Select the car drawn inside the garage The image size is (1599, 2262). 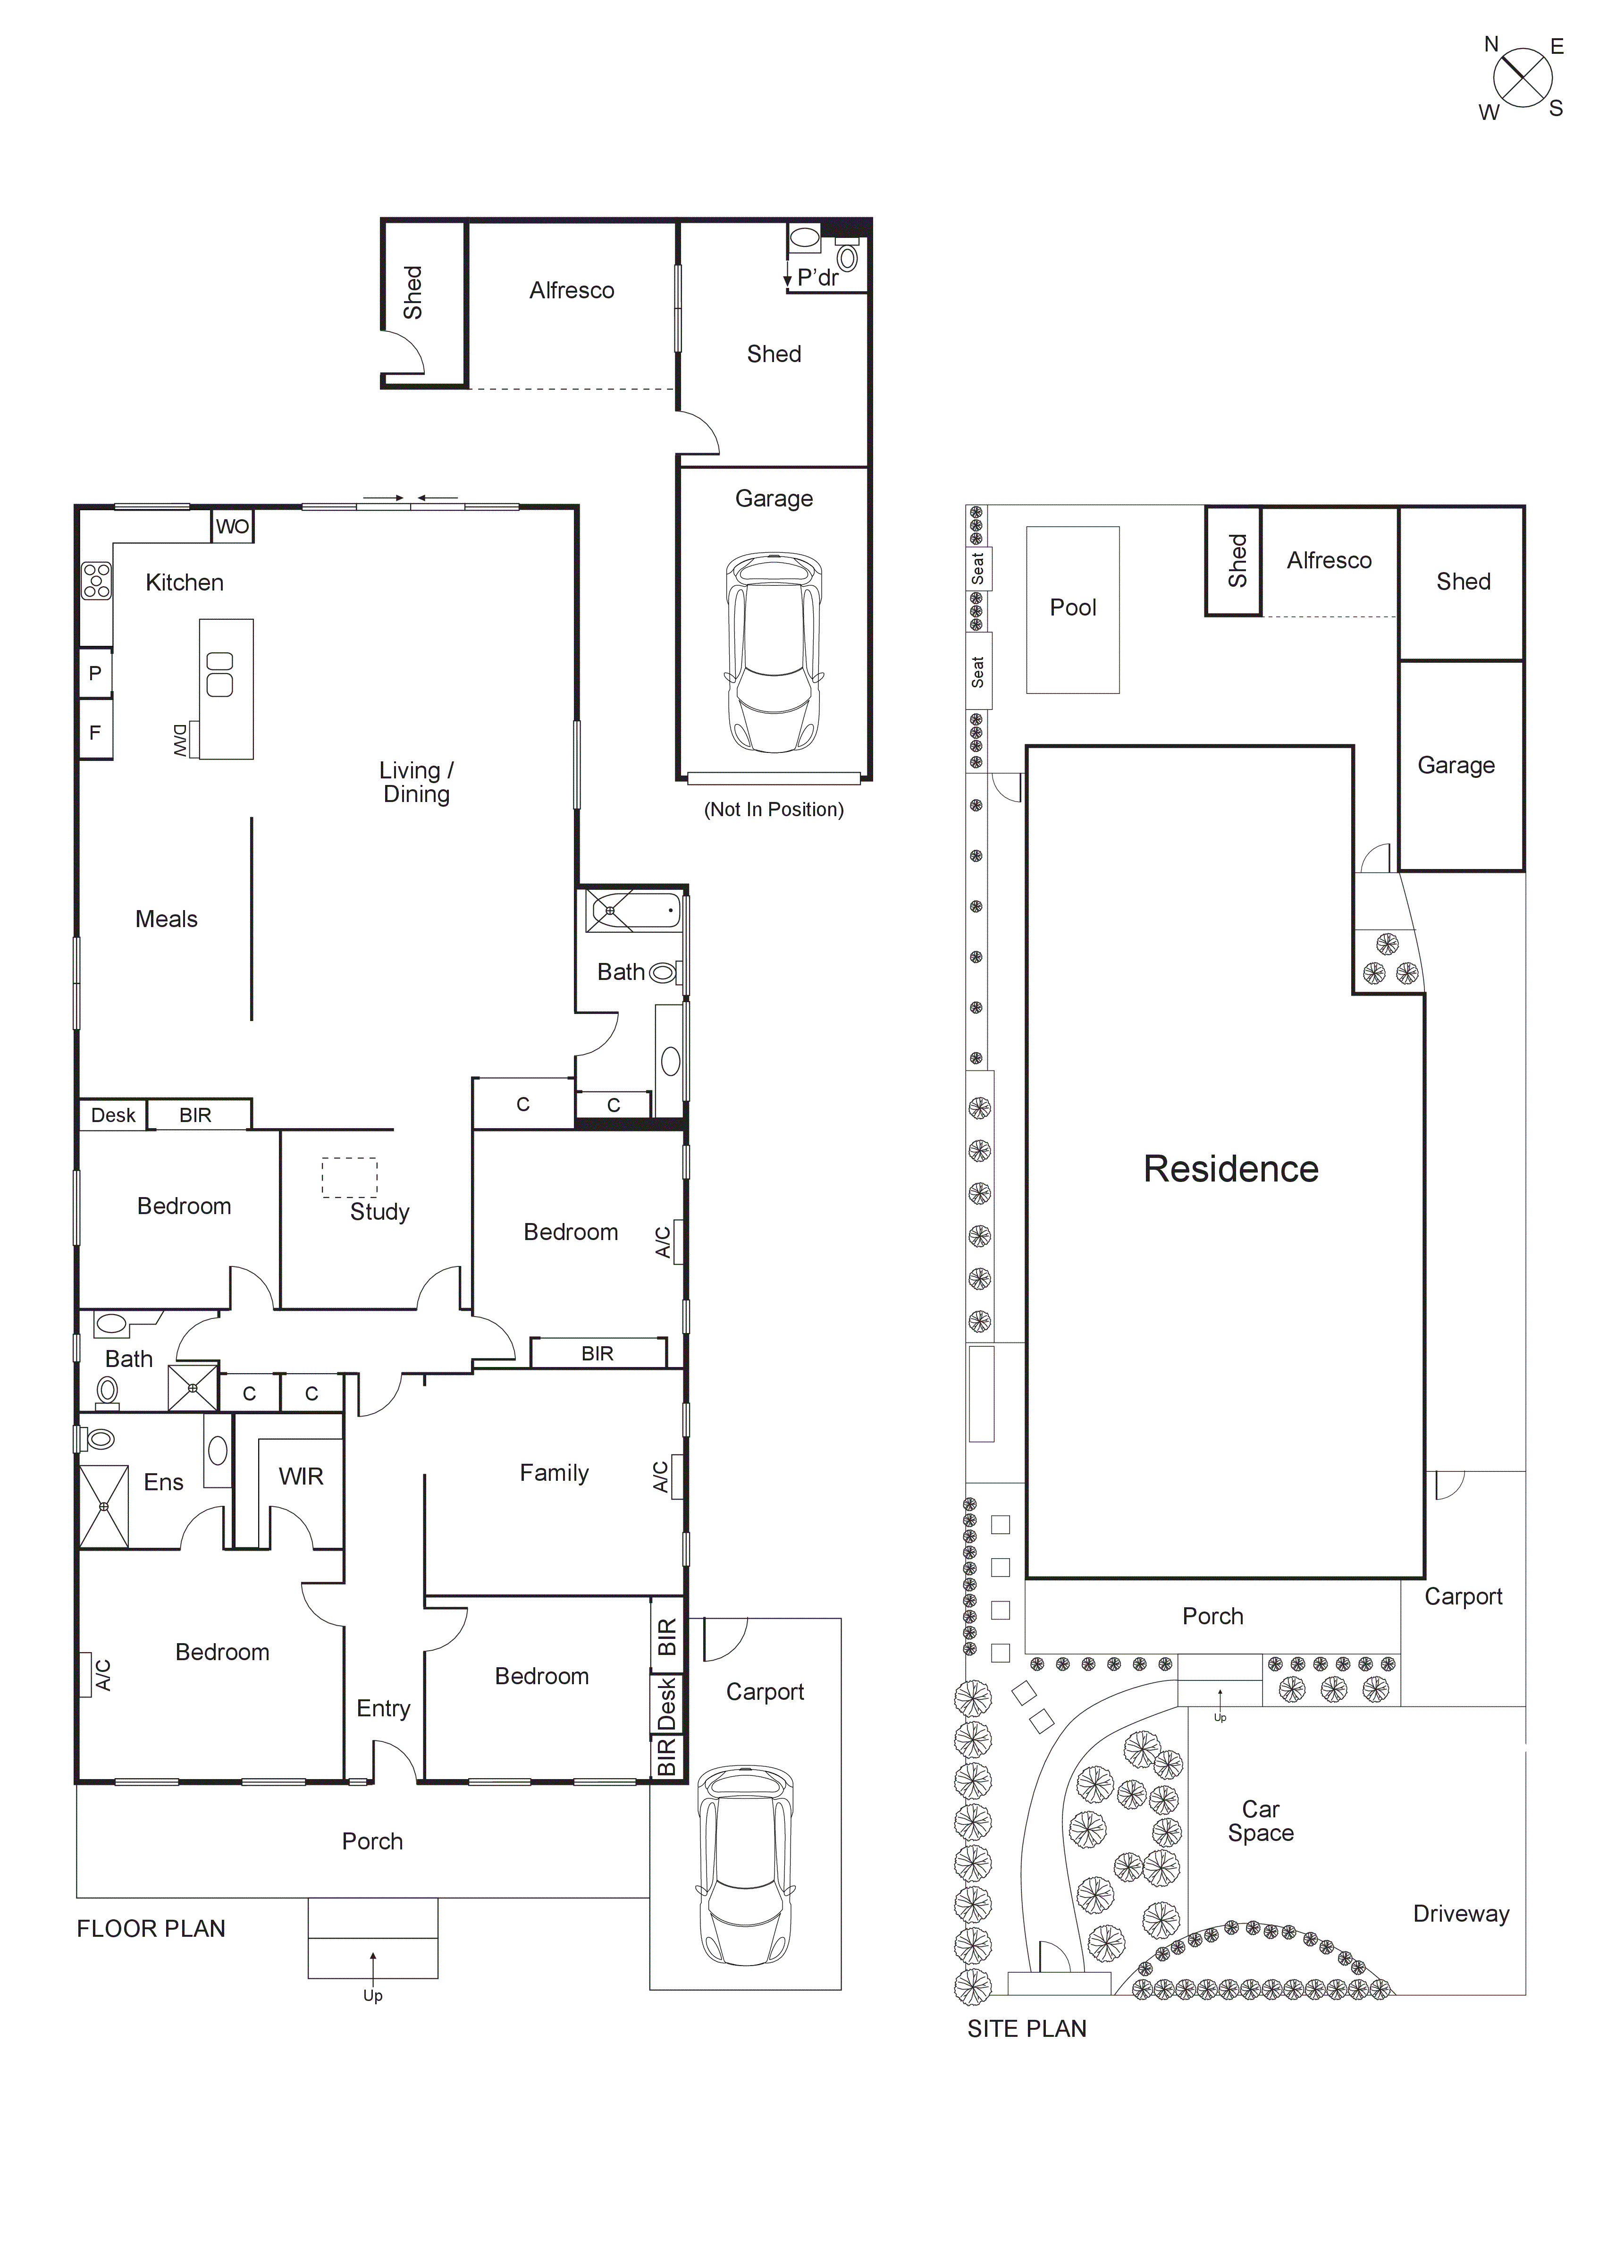tap(774, 652)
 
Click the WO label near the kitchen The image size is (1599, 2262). tap(233, 526)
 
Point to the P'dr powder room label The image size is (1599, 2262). tap(818, 278)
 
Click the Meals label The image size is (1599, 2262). tap(167, 919)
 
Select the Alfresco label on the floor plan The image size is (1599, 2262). tap(572, 291)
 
